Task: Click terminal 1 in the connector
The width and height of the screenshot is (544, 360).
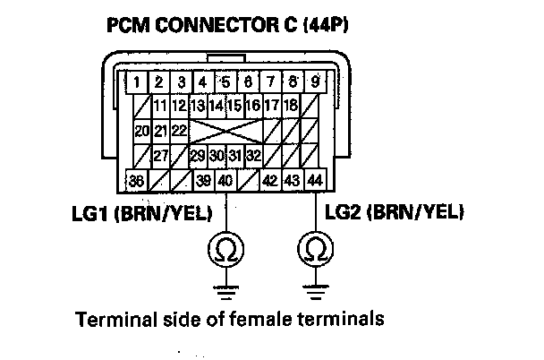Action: click(x=136, y=84)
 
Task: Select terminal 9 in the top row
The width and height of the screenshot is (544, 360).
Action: click(x=315, y=84)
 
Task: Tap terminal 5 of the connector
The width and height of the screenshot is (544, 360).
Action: click(x=225, y=84)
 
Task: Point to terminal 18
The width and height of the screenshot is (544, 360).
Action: click(x=291, y=107)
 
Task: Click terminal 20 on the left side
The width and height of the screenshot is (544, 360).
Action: click(x=140, y=131)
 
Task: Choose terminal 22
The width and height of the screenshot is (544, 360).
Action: click(x=179, y=131)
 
